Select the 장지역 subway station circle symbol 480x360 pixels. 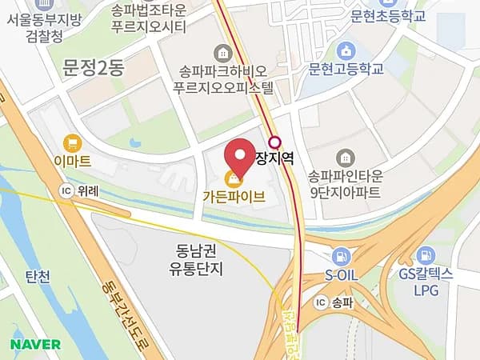click(x=275, y=143)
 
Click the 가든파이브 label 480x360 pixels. click(x=234, y=194)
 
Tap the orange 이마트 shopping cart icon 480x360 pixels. click(x=74, y=142)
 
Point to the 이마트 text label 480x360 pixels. click(x=74, y=161)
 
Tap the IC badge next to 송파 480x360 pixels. click(x=320, y=302)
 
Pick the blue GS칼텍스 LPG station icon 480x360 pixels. click(x=426, y=256)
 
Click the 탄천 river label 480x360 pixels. click(x=38, y=278)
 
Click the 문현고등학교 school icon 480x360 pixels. click(x=346, y=50)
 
